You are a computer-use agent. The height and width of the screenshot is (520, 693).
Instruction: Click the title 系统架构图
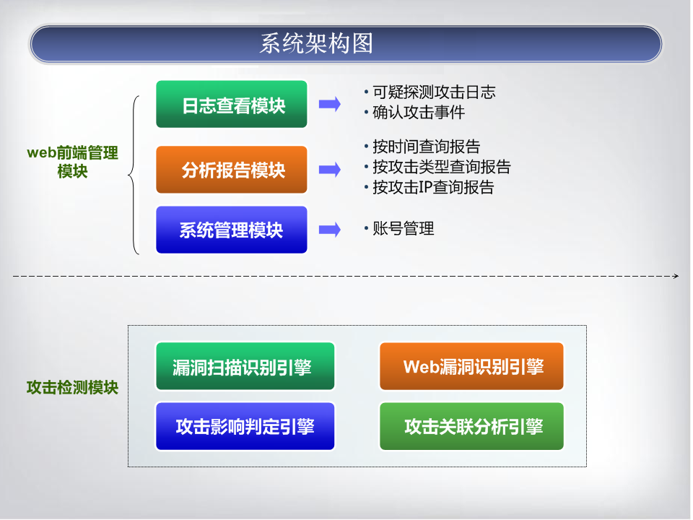pyautogui.click(x=316, y=43)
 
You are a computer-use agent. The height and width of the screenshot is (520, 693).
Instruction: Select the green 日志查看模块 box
pyautogui.click(x=232, y=104)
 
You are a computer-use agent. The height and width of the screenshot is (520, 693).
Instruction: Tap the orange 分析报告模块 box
pyautogui.click(x=232, y=169)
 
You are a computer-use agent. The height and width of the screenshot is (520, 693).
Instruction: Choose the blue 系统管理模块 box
pyautogui.click(x=232, y=230)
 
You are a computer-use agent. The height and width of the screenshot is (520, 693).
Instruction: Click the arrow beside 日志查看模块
pyautogui.click(x=330, y=104)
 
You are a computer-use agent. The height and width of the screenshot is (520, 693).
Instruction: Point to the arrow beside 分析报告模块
pyautogui.click(x=330, y=169)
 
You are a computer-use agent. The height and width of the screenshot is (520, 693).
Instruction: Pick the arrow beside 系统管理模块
pyautogui.click(x=330, y=230)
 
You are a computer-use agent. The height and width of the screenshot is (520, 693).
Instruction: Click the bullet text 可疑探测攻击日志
pyautogui.click(x=434, y=92)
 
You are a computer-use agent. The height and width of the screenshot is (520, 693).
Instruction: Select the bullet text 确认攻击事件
pyautogui.click(x=419, y=113)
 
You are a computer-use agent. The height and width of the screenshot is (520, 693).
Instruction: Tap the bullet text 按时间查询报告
pyautogui.click(x=427, y=147)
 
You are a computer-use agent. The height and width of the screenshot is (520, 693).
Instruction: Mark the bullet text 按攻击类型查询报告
pyautogui.click(x=442, y=167)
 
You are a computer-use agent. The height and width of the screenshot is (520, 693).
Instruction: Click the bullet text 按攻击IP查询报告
pyautogui.click(x=433, y=187)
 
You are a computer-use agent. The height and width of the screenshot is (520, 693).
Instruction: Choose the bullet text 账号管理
pyautogui.click(x=403, y=229)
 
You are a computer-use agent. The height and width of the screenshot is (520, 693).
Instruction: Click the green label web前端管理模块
pyautogui.click(x=72, y=162)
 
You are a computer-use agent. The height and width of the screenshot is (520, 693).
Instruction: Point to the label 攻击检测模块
pyautogui.click(x=72, y=387)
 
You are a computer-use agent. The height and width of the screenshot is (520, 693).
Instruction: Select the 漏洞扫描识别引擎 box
pyautogui.click(x=245, y=366)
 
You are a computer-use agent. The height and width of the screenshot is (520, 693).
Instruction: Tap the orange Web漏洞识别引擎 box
pyautogui.click(x=471, y=366)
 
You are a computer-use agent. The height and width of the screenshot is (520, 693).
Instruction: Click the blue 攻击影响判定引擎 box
pyautogui.click(x=245, y=426)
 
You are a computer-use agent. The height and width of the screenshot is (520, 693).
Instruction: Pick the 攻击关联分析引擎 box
pyautogui.click(x=471, y=426)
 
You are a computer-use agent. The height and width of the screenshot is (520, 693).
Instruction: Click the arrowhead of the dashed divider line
pyautogui.click(x=676, y=277)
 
